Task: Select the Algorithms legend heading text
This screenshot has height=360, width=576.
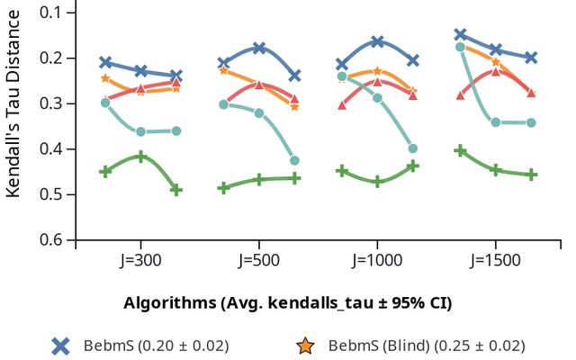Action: [x=287, y=302]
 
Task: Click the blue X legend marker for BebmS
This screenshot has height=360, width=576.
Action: [x=60, y=346]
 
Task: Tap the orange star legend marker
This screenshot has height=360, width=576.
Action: [x=306, y=346]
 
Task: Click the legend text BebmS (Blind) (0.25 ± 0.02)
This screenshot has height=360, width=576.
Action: [x=426, y=346]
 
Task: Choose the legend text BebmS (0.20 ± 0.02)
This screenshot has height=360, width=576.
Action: [x=156, y=346]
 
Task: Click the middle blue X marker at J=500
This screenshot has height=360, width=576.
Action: [x=259, y=48]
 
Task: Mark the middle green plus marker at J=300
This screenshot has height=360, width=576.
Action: [x=141, y=157]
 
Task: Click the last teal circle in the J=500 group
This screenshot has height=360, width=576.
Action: [x=294, y=160]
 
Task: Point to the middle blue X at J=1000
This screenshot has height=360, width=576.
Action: [x=377, y=41]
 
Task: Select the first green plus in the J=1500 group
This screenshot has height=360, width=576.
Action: [x=460, y=150]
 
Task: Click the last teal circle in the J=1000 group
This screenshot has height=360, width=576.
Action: [x=412, y=148]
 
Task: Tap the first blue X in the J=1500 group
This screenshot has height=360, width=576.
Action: [x=460, y=34]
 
